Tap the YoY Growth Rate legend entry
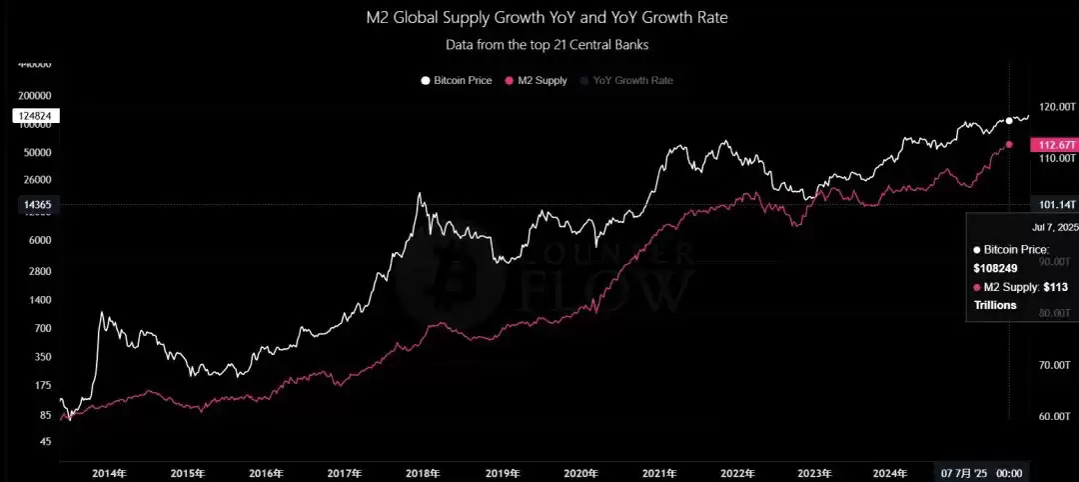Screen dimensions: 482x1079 pos(632,80)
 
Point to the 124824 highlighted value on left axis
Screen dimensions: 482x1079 pos(36,116)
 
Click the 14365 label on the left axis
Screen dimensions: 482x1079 pos(36,204)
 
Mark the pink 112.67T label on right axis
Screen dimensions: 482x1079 pos(1056,145)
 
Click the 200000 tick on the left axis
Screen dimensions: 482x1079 pos(36,95)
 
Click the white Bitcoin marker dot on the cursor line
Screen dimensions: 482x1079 pos(1009,120)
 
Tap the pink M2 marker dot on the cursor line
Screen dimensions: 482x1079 pos(1009,145)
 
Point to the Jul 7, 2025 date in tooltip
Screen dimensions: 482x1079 pos(1055,227)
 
